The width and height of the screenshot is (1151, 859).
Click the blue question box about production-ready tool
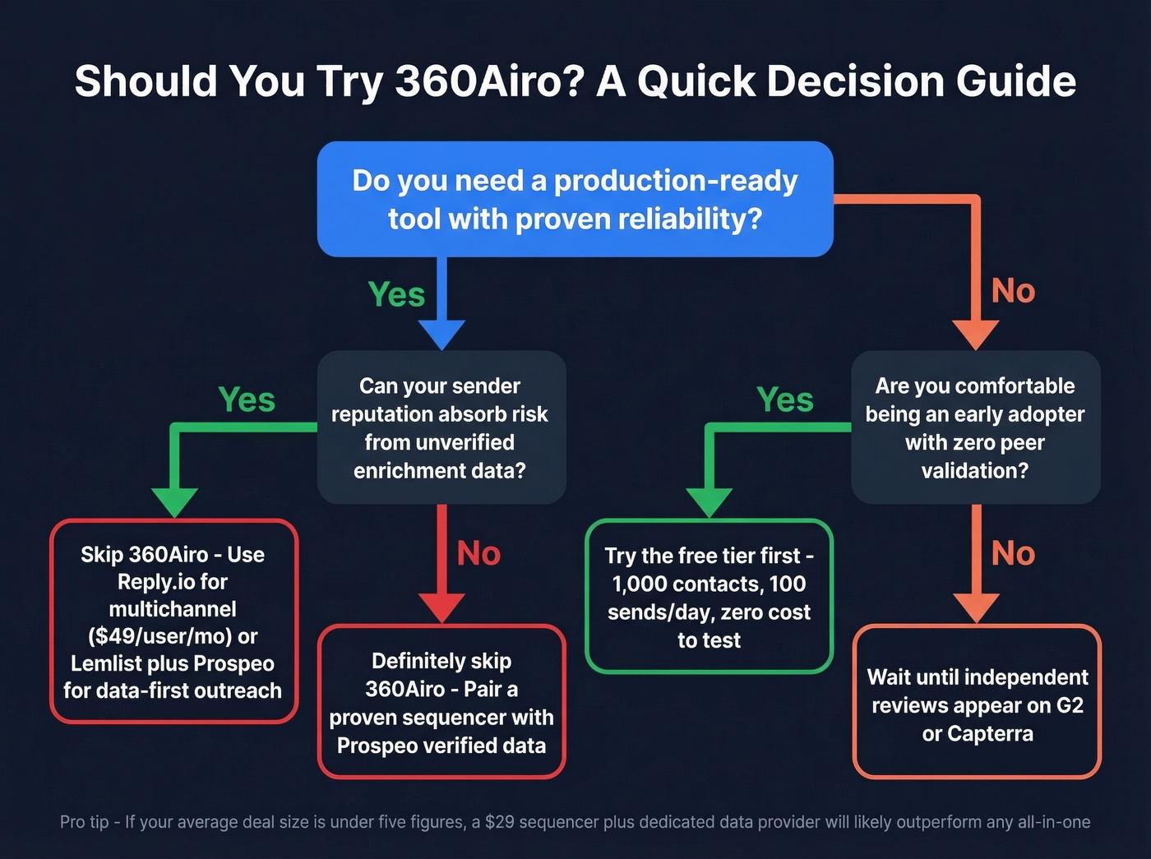[575, 199]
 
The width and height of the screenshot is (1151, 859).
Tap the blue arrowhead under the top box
[441, 334]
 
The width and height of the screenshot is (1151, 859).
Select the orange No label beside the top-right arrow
[1013, 291]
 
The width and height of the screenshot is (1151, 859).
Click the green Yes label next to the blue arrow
[396, 294]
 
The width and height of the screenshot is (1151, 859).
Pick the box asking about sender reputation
[441, 427]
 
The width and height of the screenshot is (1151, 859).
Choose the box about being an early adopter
[975, 427]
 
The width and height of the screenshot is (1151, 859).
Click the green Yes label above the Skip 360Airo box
[247, 399]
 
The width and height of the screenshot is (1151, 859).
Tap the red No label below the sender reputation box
[478, 553]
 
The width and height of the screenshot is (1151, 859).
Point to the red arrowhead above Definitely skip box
[441, 607]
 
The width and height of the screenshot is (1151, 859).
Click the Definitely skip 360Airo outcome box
[441, 702]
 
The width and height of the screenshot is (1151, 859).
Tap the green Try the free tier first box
[709, 597]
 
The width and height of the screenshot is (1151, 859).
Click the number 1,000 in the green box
[639, 584]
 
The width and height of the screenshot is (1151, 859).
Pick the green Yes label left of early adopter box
[785, 399]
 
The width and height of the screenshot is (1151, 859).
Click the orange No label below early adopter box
[1013, 553]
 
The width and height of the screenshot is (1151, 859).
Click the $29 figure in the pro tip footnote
[499, 822]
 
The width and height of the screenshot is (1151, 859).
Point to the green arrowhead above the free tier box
[709, 501]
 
